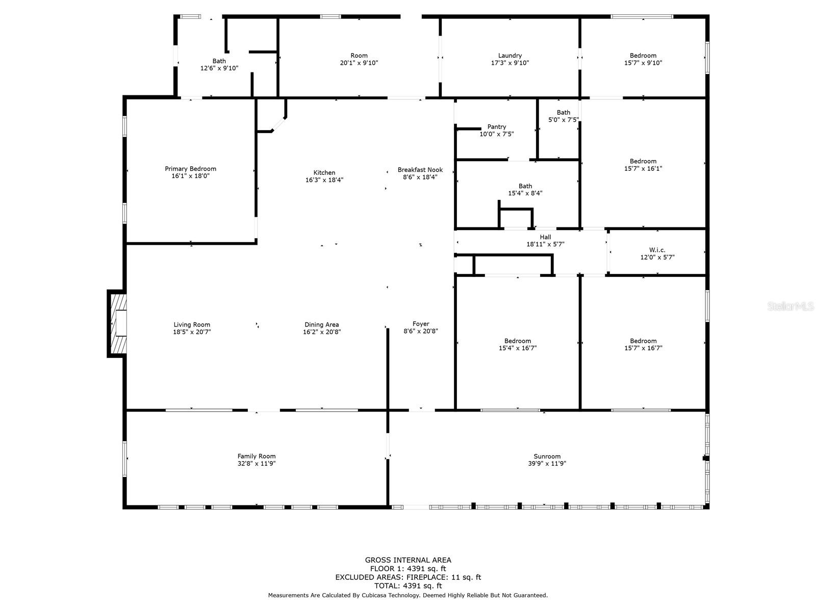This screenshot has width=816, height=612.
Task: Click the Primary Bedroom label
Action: (x=190, y=169)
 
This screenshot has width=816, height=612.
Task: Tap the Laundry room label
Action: (x=509, y=56)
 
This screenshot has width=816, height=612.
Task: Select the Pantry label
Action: (x=496, y=126)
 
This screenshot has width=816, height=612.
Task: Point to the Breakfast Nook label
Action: (x=420, y=170)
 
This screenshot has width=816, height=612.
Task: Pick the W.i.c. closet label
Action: (x=657, y=250)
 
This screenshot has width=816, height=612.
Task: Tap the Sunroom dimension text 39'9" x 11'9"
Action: (x=547, y=464)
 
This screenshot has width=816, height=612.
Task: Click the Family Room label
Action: (x=257, y=456)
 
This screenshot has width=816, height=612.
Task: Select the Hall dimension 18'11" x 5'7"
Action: (x=545, y=244)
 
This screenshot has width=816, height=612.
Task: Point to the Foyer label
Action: (x=420, y=324)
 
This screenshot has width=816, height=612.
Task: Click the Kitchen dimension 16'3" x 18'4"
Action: (x=324, y=180)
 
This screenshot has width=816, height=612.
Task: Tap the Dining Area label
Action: (x=322, y=325)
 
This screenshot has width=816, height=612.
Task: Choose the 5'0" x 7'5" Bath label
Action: (x=563, y=116)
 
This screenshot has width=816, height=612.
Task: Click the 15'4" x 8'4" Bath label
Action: (x=525, y=190)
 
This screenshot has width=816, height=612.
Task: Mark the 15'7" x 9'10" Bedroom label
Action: (x=643, y=59)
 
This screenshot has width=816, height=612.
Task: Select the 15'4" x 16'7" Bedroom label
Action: (x=518, y=344)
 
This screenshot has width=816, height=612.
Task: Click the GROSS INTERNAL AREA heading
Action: (x=408, y=560)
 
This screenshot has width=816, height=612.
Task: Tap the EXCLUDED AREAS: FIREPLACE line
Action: (x=408, y=577)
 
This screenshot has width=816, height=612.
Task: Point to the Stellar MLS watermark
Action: (x=790, y=306)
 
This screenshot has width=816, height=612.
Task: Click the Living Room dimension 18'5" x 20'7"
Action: (x=192, y=332)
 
